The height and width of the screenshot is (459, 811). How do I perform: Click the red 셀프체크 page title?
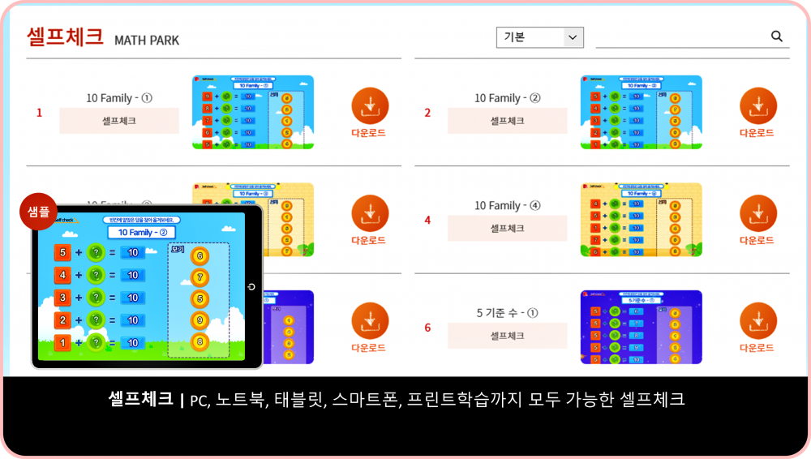[x=65, y=36]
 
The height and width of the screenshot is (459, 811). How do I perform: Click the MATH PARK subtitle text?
[x=147, y=41]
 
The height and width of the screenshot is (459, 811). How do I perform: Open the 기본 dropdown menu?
[x=539, y=37]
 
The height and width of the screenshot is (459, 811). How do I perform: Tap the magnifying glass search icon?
[x=776, y=36]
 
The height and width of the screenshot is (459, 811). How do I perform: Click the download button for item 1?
[x=370, y=106]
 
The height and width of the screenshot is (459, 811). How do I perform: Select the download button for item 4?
[x=758, y=214]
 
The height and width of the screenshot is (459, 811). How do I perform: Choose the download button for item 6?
[x=758, y=321]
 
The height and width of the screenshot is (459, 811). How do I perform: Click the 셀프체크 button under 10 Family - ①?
[x=119, y=121]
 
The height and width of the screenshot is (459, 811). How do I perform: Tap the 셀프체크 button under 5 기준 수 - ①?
[x=507, y=336]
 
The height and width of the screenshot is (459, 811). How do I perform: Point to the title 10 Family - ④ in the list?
[x=507, y=206]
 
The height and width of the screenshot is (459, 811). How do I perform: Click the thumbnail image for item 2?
[x=641, y=112]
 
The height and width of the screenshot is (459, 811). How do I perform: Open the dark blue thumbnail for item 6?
[x=641, y=327]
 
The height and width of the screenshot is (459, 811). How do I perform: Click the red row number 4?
[x=427, y=220]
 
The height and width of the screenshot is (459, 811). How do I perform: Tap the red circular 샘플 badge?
[x=38, y=212]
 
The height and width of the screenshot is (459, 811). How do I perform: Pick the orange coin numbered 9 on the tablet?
[x=200, y=320]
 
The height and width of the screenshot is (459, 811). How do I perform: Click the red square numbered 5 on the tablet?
[x=63, y=252]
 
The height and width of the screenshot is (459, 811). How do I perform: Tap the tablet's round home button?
[x=252, y=287]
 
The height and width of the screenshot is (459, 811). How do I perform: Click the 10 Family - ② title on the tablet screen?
[x=142, y=233]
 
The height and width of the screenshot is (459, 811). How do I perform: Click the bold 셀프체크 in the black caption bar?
[x=140, y=399]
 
